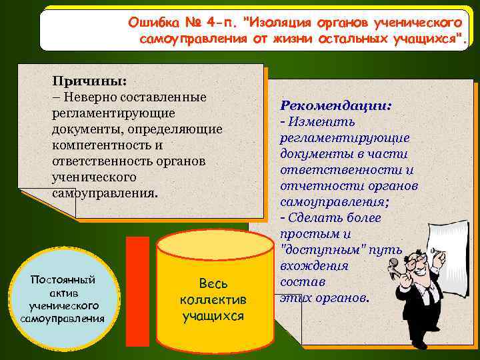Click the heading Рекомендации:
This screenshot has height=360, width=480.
[x=336, y=105]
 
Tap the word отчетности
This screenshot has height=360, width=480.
[x=313, y=185]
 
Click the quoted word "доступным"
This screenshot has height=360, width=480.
[x=317, y=250]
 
